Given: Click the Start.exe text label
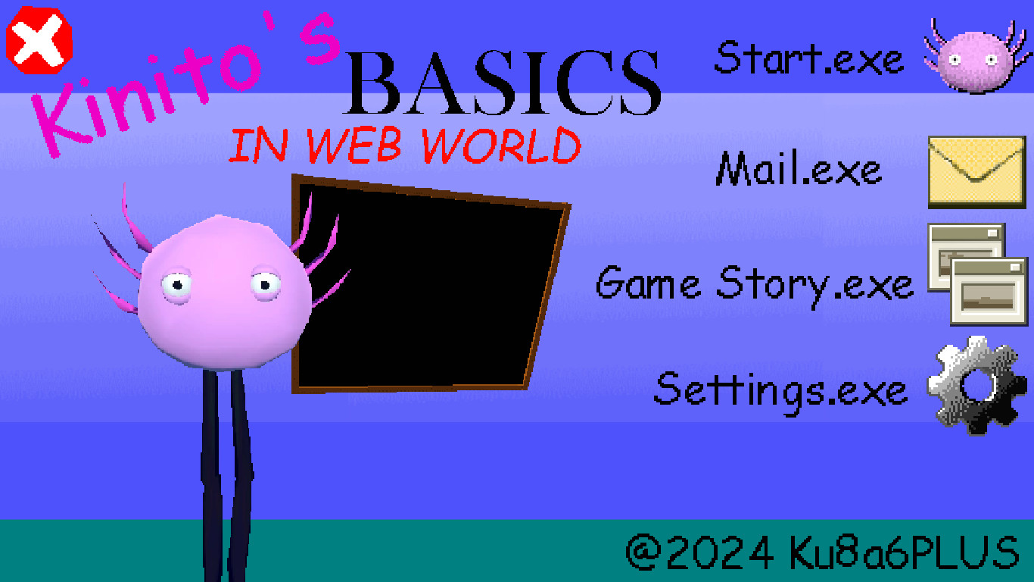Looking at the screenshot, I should tap(808, 58).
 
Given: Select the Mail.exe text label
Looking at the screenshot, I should tap(799, 170).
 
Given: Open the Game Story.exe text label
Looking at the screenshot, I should tap(755, 285).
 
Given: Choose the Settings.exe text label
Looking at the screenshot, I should tap(780, 390).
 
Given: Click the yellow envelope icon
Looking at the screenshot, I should tap(976, 171).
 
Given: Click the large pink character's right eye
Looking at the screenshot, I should tap(265, 284).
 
